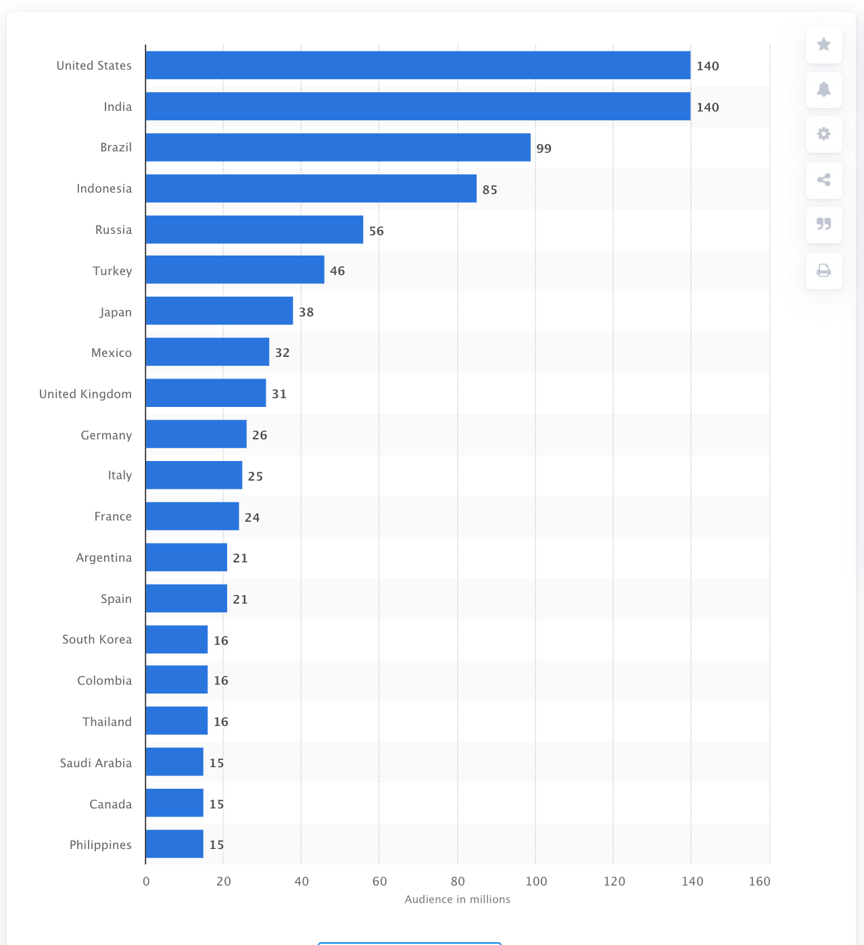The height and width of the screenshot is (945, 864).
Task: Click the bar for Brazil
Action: [338, 147]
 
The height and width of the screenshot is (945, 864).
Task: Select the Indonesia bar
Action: [311, 189]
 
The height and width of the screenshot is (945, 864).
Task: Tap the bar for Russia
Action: [254, 230]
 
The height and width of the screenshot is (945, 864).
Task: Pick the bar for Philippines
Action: [174, 844]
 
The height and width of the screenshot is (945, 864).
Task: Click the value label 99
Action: [544, 149]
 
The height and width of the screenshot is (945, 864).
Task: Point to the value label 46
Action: [337, 271]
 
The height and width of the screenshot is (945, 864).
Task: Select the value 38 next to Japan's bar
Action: [306, 312]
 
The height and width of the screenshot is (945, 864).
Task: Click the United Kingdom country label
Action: [85, 394]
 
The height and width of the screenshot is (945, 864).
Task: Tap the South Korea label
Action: [97, 639]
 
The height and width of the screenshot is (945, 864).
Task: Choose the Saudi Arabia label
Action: [95, 763]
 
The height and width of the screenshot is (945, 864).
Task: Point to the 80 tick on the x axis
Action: [458, 881]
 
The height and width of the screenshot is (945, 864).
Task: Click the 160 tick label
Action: [759, 881]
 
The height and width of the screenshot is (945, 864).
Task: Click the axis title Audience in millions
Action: [457, 900]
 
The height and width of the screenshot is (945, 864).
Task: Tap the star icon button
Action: [823, 45]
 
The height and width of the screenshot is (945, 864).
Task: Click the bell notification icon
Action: [823, 90]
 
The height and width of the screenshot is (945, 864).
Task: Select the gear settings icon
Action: [823, 135]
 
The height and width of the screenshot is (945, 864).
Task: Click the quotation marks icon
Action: [823, 224]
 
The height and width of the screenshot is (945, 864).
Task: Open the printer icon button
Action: [823, 271]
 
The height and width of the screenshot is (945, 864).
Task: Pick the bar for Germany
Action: [196, 434]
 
